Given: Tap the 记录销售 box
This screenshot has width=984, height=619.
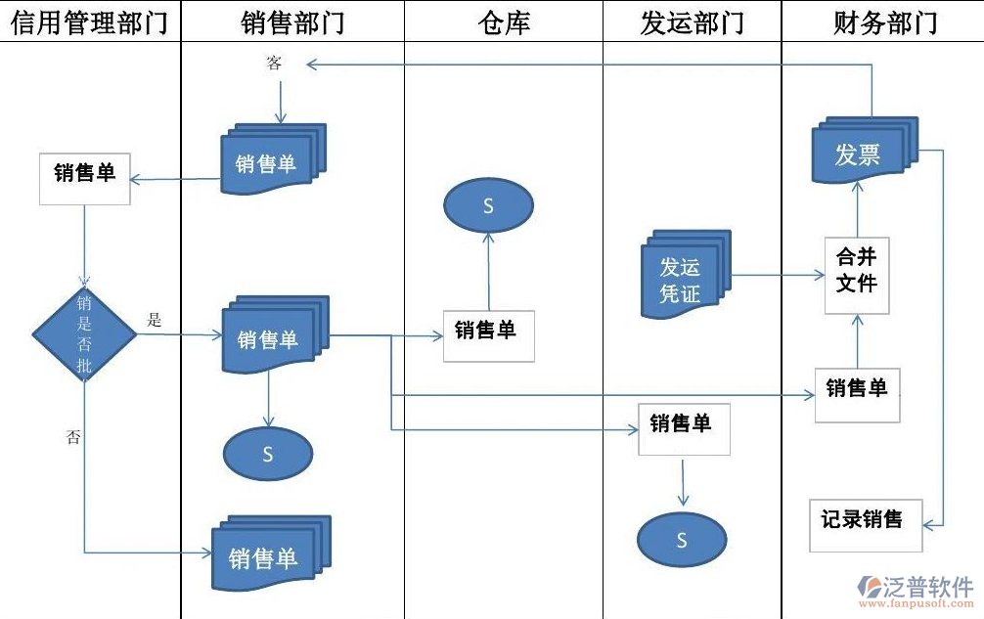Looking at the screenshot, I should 861,523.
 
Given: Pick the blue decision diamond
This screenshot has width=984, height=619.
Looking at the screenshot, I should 84,333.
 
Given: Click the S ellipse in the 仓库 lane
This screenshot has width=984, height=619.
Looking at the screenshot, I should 489,206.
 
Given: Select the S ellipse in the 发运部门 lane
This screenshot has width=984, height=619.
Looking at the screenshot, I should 682,540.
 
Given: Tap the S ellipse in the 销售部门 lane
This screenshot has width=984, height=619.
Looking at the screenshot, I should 268,454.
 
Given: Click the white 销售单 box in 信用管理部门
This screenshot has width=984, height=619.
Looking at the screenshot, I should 84,177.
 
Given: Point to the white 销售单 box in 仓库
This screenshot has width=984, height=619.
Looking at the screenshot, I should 488,335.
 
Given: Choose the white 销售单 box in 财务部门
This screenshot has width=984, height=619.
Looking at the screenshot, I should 857,394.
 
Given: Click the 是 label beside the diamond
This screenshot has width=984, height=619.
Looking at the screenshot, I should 154,319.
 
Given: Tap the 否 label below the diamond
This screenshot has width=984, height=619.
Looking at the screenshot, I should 73,437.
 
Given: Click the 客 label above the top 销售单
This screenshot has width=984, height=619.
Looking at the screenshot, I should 274,64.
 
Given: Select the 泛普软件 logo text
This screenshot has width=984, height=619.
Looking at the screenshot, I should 926,587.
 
